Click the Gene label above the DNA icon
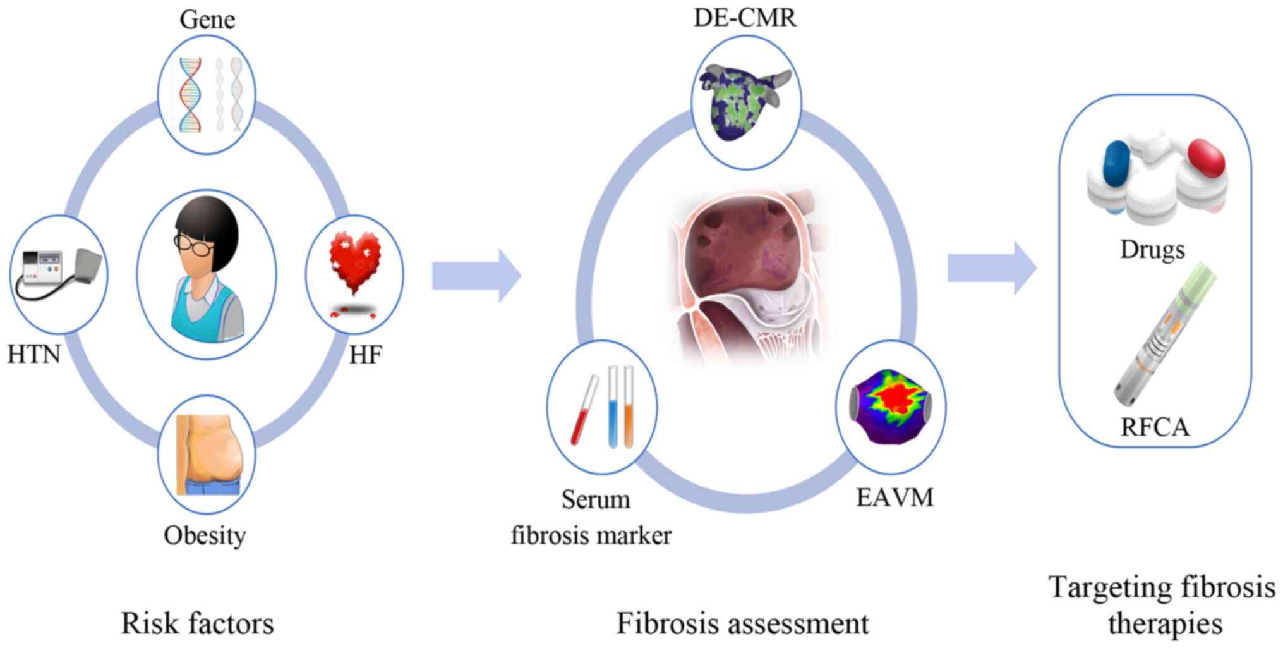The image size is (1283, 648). [207, 19]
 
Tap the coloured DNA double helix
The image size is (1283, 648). [190, 95]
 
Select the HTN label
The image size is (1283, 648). [34, 354]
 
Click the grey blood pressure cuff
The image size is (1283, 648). [88, 266]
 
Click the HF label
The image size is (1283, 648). [365, 355]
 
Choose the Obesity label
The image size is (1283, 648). [205, 535]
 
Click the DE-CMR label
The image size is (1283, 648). [745, 18]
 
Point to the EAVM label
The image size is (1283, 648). [894, 498]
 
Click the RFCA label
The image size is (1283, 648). [1155, 427]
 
